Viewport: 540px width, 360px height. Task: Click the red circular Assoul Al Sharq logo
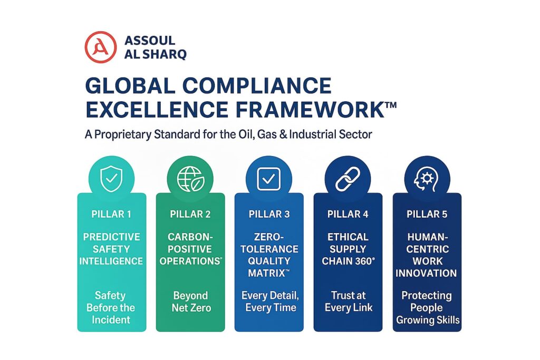tap(101, 47)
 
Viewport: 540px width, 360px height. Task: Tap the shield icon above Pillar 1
tap(111, 179)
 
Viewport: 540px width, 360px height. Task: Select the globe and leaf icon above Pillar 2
tap(190, 179)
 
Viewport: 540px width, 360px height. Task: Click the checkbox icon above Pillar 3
tap(268, 179)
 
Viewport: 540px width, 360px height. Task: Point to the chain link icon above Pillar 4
tap(348, 179)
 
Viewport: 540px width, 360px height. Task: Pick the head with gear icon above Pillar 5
tap(426, 179)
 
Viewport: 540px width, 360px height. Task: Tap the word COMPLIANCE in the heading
tap(257, 85)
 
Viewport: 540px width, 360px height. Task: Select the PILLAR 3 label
tap(269, 214)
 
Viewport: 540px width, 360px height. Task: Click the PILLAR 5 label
tap(427, 214)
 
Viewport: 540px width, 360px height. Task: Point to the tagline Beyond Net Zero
tap(191, 301)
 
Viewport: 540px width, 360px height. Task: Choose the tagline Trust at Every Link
tap(349, 301)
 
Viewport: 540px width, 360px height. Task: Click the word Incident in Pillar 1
tap(111, 320)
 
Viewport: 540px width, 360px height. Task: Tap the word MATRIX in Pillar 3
tap(266, 273)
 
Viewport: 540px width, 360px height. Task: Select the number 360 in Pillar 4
tap(363, 261)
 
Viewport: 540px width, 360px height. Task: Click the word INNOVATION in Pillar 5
tap(426, 273)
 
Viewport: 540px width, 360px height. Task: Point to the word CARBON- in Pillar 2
tap(190, 237)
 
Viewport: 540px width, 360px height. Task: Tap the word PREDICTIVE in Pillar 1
tap(112, 237)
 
